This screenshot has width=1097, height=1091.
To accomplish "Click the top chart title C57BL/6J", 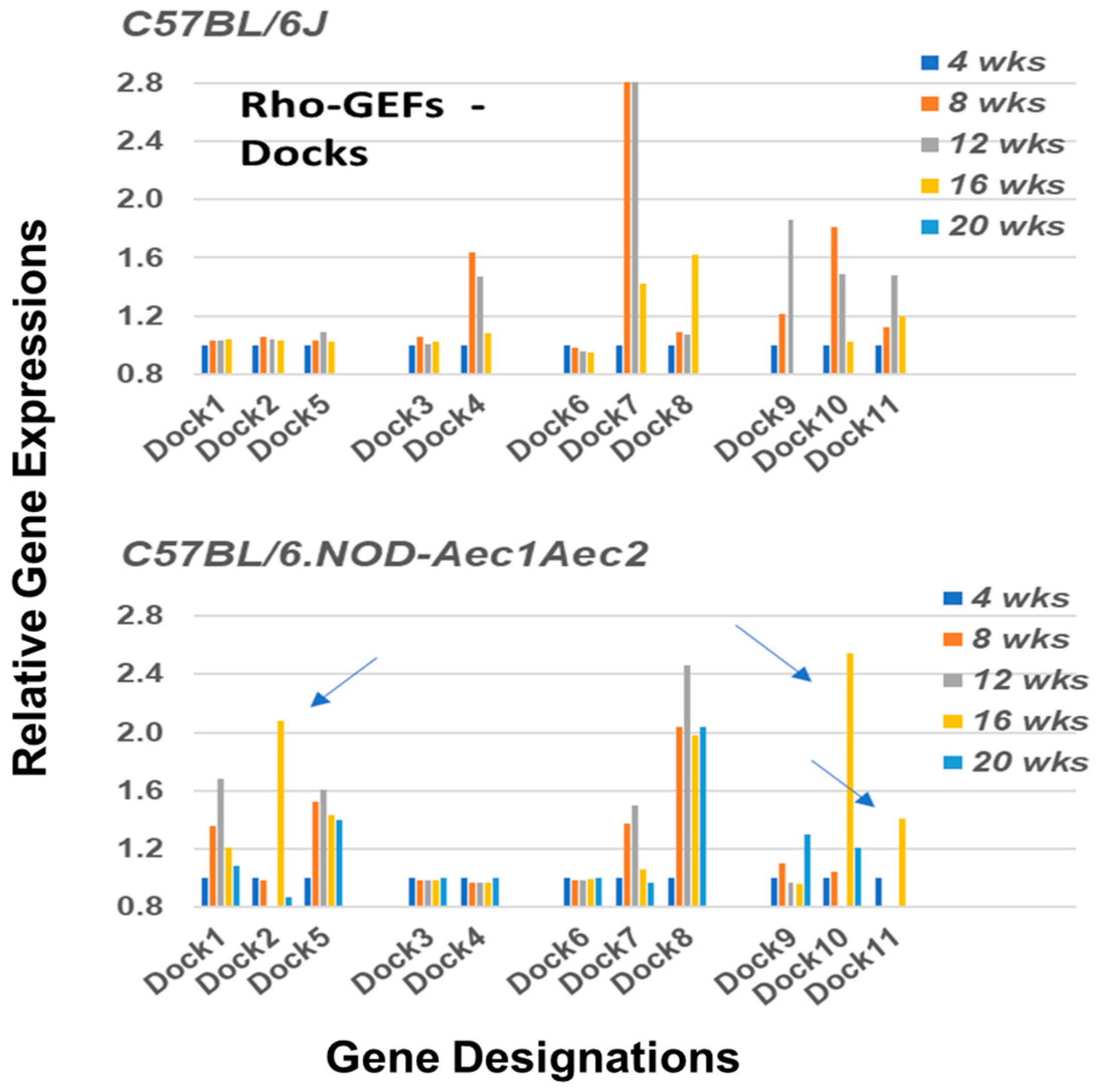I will point(224,26).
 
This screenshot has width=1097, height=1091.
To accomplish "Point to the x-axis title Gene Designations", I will point(533,1058).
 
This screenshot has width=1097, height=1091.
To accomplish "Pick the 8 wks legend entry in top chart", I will point(996,103).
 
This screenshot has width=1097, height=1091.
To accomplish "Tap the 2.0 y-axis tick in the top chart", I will point(139,200).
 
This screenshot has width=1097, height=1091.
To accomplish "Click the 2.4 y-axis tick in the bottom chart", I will point(139,675).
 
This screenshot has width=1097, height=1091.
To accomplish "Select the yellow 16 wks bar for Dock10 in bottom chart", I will point(849,779).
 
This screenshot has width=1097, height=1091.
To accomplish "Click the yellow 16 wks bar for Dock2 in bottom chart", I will point(280,812).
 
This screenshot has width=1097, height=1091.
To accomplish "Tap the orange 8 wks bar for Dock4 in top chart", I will point(472,312).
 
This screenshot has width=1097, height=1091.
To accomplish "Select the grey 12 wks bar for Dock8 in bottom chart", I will point(687,785).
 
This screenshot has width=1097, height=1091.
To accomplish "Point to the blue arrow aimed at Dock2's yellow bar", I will point(344,682).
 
